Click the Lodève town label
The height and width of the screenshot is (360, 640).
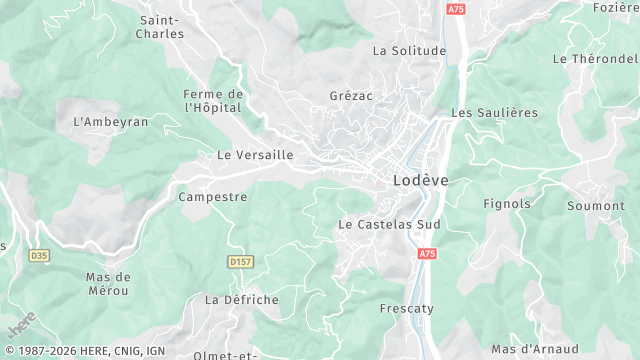click(x=415, y=180)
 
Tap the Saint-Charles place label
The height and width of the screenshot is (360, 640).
click(x=161, y=27)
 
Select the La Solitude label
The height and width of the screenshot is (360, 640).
click(x=408, y=50)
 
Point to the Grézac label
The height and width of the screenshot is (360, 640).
click(x=351, y=96)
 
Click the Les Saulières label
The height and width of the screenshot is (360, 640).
click(x=494, y=113)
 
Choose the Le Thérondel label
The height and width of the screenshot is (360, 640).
click(x=595, y=59)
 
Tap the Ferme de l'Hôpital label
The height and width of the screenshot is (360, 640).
click(x=214, y=101)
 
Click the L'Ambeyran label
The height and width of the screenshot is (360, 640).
click(x=111, y=121)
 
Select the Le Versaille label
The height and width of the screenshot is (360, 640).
click(x=255, y=155)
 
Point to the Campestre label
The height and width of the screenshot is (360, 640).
click(x=212, y=197)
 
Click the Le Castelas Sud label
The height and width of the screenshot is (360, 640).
click(x=389, y=224)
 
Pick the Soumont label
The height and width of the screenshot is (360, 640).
click(x=595, y=206)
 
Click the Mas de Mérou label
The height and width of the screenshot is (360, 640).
click(x=108, y=283)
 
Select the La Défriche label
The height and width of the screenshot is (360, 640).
click(x=242, y=299)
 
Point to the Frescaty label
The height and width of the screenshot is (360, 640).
click(x=406, y=309)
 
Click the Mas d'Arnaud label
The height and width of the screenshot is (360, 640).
click(x=535, y=349)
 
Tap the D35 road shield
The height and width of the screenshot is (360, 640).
click(x=39, y=256)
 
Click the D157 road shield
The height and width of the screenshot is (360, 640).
click(x=240, y=262)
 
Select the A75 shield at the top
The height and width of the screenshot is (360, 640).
click(x=456, y=9)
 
